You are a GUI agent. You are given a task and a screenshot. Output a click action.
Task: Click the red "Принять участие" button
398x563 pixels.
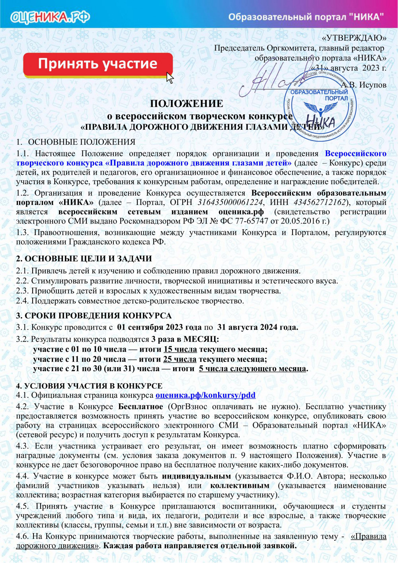[98, 64]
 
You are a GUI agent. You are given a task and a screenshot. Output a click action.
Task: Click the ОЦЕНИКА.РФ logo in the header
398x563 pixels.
[50, 17]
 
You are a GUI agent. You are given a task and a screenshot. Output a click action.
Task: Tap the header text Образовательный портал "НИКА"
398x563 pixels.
[306, 17]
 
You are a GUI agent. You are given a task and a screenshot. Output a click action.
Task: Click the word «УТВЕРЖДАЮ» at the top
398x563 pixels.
[354, 38]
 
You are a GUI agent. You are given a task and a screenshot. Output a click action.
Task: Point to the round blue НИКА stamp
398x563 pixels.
[320, 107]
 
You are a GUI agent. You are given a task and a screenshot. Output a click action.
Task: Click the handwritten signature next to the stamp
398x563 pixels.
[271, 80]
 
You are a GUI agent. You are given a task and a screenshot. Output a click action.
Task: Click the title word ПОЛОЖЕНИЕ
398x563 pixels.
[186, 103]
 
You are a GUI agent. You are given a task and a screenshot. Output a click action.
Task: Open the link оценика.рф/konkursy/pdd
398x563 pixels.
[205, 395]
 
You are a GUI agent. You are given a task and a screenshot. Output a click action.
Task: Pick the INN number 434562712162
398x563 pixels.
[320, 202]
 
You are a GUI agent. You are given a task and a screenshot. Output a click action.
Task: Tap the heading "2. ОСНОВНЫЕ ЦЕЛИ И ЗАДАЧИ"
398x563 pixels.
[84, 259]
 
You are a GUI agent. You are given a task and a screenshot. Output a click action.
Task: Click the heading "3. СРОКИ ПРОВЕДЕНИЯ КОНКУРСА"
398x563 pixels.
[94, 316]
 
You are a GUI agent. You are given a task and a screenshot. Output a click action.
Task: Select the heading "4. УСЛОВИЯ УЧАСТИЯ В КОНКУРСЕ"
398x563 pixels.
[89, 386]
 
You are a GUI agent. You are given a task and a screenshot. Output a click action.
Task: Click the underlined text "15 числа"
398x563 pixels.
[180, 349]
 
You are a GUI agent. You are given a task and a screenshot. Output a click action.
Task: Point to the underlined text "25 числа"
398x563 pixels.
[180, 359]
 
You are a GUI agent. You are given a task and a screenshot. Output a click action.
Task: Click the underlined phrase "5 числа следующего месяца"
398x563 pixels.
[253, 368]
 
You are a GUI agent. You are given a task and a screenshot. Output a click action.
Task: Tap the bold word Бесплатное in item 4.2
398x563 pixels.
[140, 407]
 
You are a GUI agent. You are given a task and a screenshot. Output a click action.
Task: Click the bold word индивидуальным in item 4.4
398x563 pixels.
[196, 476]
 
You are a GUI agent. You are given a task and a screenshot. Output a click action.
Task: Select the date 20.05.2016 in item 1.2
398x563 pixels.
[301, 221]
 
